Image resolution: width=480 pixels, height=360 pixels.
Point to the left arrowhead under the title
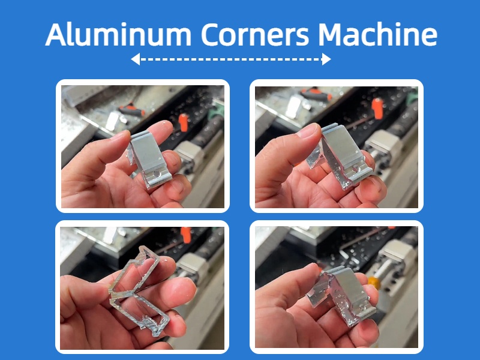coord(135,59)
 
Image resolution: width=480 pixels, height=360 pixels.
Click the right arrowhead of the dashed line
coord(326,59)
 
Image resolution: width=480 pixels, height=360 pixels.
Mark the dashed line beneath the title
coord(231,59)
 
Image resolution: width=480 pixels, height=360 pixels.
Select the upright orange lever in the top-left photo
coord(183,123)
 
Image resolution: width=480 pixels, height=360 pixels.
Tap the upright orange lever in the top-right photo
coord(378,108)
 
